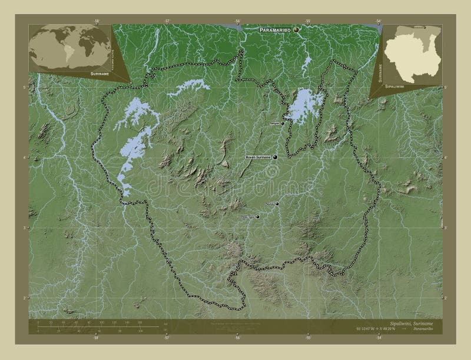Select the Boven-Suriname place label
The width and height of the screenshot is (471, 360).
click(258, 158)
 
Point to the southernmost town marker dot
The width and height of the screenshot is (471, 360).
click(257, 216)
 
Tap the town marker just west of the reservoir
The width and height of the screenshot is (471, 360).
click(283, 124)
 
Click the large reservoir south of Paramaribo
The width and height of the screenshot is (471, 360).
click(303, 105)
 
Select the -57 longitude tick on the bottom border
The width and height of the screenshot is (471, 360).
click(167, 339)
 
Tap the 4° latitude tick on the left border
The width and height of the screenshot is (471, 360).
click(25, 158)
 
